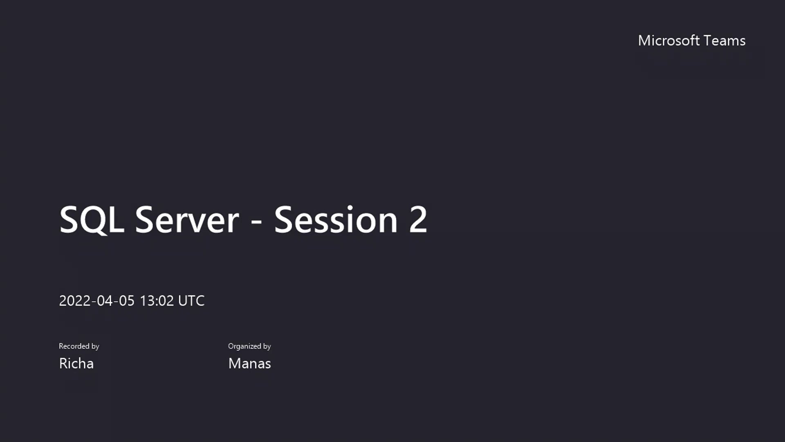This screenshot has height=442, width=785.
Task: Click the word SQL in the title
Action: (92, 220)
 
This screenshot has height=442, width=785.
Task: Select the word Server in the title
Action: (187, 220)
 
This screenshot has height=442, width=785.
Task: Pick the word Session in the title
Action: (335, 220)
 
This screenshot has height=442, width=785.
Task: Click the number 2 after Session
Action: (418, 220)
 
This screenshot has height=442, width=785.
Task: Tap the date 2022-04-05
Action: (96, 301)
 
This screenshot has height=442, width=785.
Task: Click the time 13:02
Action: (157, 301)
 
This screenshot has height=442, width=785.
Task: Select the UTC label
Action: (191, 301)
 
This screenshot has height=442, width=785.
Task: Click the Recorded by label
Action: (79, 346)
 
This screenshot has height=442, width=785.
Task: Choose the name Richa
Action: (76, 363)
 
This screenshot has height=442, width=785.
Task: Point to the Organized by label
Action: (249, 346)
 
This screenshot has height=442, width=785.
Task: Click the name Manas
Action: (249, 363)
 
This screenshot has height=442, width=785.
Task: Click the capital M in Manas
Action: (234, 363)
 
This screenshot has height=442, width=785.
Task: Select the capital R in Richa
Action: (63, 363)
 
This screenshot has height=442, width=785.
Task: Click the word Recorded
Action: (74, 346)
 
